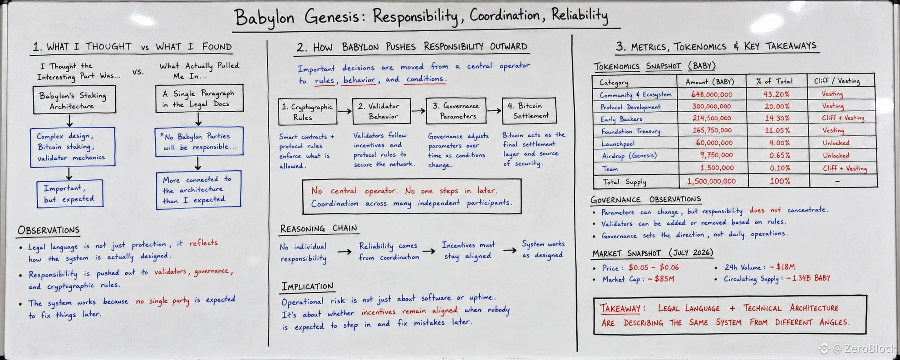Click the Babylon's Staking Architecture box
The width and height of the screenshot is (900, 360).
pos(74,100)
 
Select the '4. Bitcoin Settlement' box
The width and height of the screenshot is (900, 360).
pos(529,111)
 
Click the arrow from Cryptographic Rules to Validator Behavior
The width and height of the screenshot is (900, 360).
pos(344,111)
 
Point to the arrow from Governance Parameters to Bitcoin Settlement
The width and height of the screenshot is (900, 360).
pos(494,110)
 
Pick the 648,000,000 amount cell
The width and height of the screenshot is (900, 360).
pos(712,94)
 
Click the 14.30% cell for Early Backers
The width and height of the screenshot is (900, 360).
pos(777,118)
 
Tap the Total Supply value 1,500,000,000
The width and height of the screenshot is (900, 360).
pos(711,181)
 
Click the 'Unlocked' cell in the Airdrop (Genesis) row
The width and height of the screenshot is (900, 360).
pos(836,155)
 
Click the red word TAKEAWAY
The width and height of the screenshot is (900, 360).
pos(620,309)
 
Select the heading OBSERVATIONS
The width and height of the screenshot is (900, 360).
pos(49,230)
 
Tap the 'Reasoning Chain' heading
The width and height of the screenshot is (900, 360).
pos(319,228)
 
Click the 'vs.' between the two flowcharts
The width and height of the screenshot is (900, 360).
pos(138,72)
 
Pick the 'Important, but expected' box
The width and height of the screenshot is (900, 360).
pos(70,194)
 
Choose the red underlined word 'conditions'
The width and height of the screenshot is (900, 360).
pos(425,79)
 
